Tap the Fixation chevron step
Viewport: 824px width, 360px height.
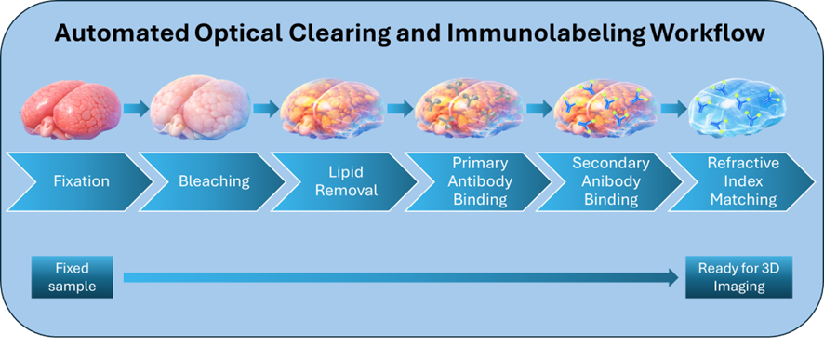[x=79, y=181]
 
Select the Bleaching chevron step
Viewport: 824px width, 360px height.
[x=211, y=181]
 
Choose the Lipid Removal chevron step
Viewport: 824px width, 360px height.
[x=344, y=181]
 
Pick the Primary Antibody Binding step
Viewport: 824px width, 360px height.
[x=478, y=181]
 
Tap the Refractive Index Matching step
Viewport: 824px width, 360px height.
[x=742, y=181]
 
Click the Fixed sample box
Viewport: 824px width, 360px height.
[x=73, y=277]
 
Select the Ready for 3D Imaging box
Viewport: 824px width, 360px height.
[x=738, y=277]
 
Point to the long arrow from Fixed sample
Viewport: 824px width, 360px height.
[x=401, y=277]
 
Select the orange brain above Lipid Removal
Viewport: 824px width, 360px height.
[x=332, y=108]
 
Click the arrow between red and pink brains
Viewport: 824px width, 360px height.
[x=136, y=109]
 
